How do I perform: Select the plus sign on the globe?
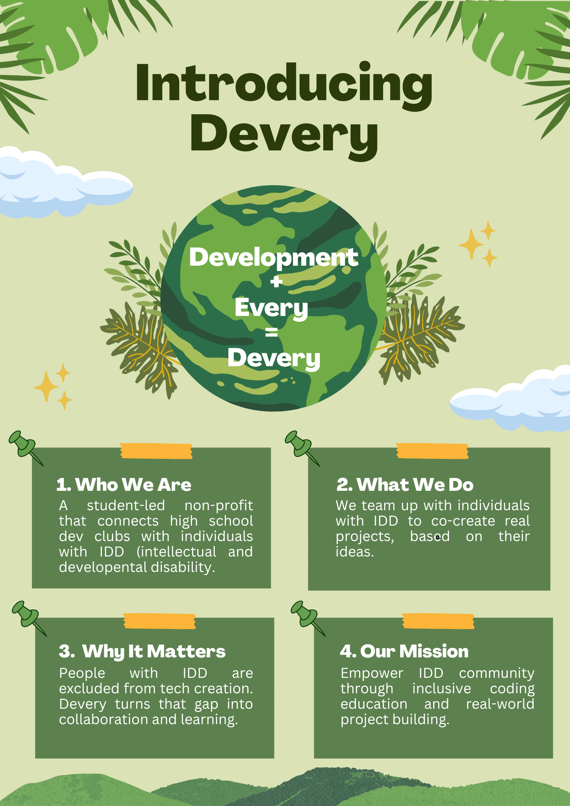(276, 282)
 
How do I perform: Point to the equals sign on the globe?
(272, 332)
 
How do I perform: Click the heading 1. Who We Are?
(124, 485)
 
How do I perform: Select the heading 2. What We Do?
(405, 485)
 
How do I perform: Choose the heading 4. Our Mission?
(404, 651)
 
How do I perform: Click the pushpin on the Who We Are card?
(26, 448)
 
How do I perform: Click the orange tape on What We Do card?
(432, 451)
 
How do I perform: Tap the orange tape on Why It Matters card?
(159, 621)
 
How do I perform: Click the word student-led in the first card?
(126, 506)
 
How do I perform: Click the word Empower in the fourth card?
(372, 674)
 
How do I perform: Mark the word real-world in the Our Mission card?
(500, 704)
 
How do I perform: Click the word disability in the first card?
(183, 568)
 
